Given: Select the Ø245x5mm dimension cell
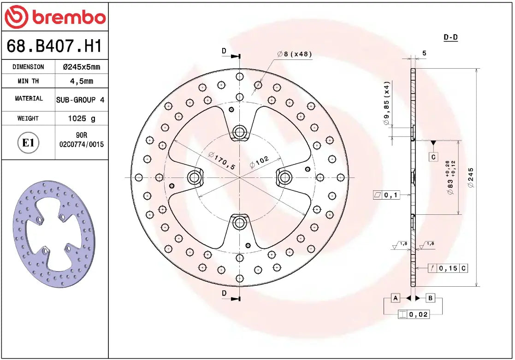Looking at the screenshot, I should [81, 67].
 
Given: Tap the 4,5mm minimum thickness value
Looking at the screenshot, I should [81, 81].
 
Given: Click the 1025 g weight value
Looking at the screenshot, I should [81, 118].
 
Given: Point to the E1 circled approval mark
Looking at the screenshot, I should [29, 143].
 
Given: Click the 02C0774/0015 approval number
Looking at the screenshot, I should [82, 144].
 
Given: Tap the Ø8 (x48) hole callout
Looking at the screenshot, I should [295, 54].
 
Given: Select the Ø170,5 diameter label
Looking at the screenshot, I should [221, 159].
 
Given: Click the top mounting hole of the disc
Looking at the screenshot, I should [239, 133].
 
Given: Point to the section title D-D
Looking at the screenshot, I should [450, 37].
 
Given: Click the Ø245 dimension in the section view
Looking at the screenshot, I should [470, 177].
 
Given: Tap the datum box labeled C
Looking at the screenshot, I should [433, 157].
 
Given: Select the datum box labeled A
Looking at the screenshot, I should [395, 298].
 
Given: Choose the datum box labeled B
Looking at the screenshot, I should [430, 298].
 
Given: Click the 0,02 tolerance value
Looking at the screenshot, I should [418, 315].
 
